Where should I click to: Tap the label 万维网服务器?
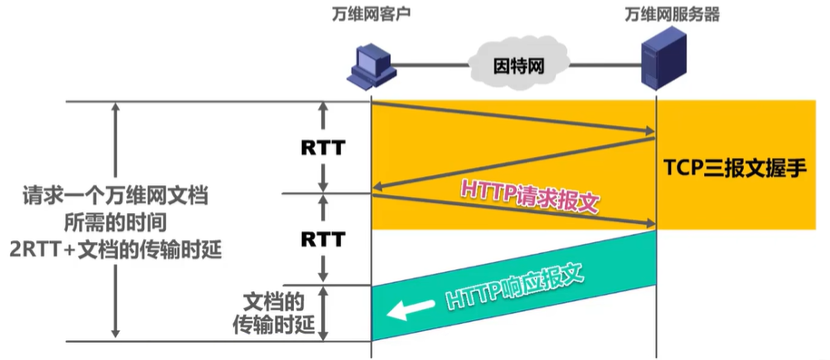point(656,15)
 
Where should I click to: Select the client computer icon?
point(373,66)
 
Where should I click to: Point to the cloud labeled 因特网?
point(514,65)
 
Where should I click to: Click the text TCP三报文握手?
point(734,167)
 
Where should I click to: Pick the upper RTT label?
point(323,146)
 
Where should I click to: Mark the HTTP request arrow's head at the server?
point(649,223)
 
